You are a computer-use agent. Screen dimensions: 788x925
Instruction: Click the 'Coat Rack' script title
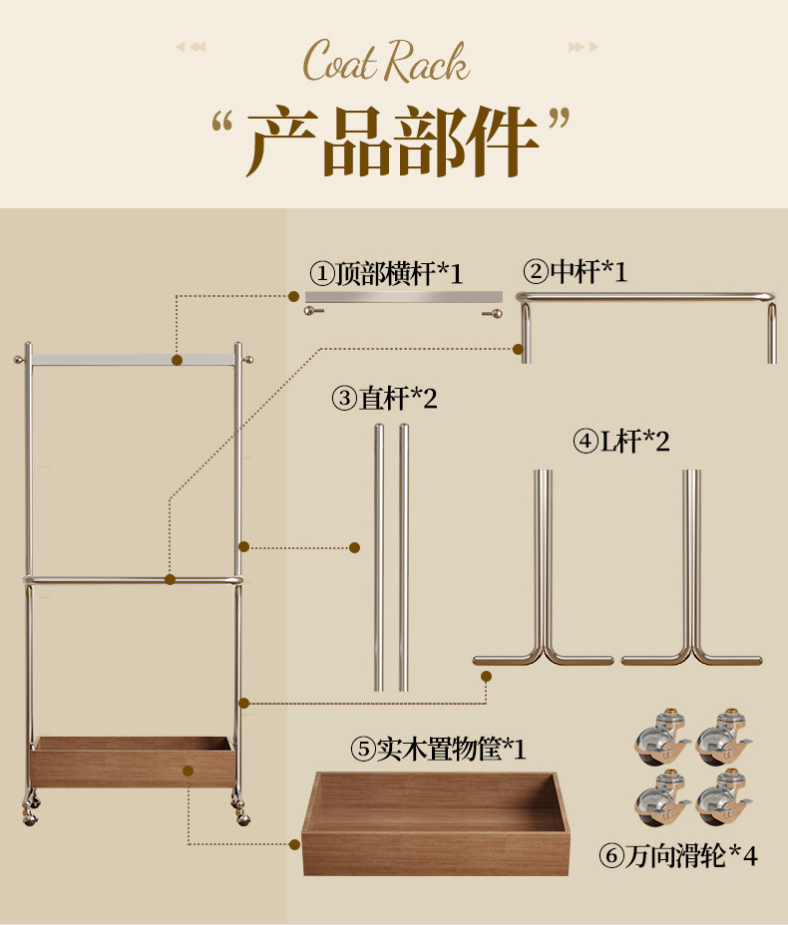click(x=386, y=62)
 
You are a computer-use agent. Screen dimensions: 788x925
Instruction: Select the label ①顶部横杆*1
click(x=386, y=273)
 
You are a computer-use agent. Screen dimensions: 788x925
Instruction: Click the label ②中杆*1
click(x=576, y=270)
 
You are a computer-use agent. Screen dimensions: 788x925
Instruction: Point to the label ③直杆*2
click(x=385, y=399)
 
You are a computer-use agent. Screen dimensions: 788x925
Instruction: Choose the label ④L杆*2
click(x=620, y=441)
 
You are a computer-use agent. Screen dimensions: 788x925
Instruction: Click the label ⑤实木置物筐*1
click(x=438, y=749)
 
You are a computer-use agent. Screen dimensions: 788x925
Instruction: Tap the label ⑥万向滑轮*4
click(x=678, y=855)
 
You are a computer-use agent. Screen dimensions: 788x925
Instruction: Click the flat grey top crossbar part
click(x=403, y=297)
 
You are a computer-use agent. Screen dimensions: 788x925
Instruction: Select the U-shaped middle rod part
click(x=646, y=297)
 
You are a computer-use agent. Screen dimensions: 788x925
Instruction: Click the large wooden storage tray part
click(x=436, y=822)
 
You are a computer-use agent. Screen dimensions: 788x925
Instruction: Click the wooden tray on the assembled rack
click(x=133, y=762)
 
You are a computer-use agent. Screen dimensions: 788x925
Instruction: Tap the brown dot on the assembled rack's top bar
click(x=177, y=361)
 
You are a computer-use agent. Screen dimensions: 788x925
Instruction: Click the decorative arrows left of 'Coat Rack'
click(x=191, y=47)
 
